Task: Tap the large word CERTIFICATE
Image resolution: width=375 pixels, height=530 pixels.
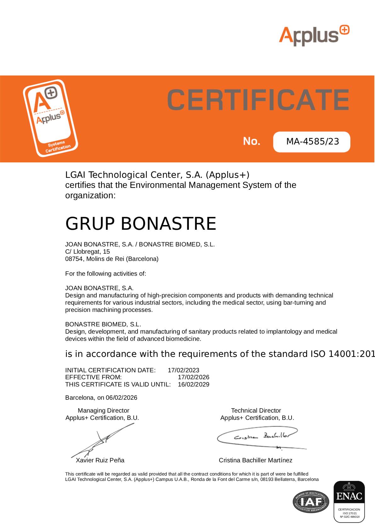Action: pos(258,99)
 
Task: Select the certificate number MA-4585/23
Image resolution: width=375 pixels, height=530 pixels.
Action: pos(312,142)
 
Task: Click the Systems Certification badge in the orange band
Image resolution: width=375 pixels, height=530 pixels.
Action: pos(50,118)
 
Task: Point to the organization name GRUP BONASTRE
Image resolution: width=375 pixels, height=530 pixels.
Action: pos(140,223)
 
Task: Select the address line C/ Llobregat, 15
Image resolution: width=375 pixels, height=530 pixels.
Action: pos(88,251)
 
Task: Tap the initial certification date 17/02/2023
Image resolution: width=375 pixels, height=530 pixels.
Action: pos(184,370)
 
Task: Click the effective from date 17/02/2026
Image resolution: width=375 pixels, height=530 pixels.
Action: pos(193,377)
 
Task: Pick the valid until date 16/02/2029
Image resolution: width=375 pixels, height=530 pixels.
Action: pos(193,384)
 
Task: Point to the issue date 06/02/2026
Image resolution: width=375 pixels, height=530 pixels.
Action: pos(122,397)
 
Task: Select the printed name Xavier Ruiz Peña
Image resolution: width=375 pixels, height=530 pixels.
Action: pos(100,460)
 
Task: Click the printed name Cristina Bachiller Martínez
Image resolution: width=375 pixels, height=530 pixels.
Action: pos(255,460)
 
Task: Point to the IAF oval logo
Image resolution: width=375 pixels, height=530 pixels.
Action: pos(311,501)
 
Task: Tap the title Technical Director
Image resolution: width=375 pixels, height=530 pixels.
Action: pos(256,410)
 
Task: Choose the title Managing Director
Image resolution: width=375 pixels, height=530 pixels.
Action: pos(103,410)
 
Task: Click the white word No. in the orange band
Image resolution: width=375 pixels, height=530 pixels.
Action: pos(252,141)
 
